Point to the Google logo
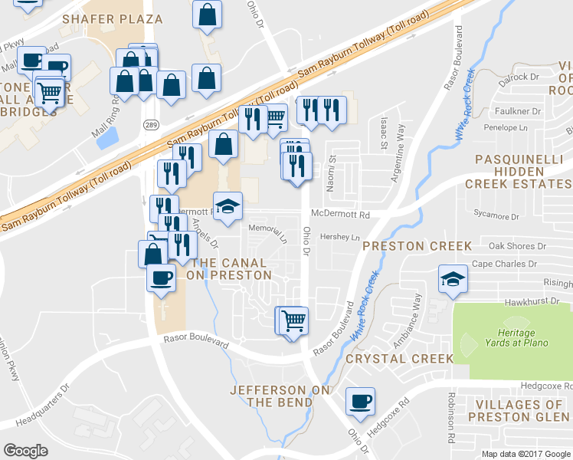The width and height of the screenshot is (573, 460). (x=26, y=451)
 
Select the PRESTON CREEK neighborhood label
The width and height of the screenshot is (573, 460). (x=417, y=246)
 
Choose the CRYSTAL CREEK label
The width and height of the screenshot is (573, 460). (x=399, y=358)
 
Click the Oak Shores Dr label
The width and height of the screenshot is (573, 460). (x=517, y=246)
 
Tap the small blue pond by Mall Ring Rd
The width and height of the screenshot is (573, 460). (x=108, y=137)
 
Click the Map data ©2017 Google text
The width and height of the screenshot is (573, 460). (x=526, y=453)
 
